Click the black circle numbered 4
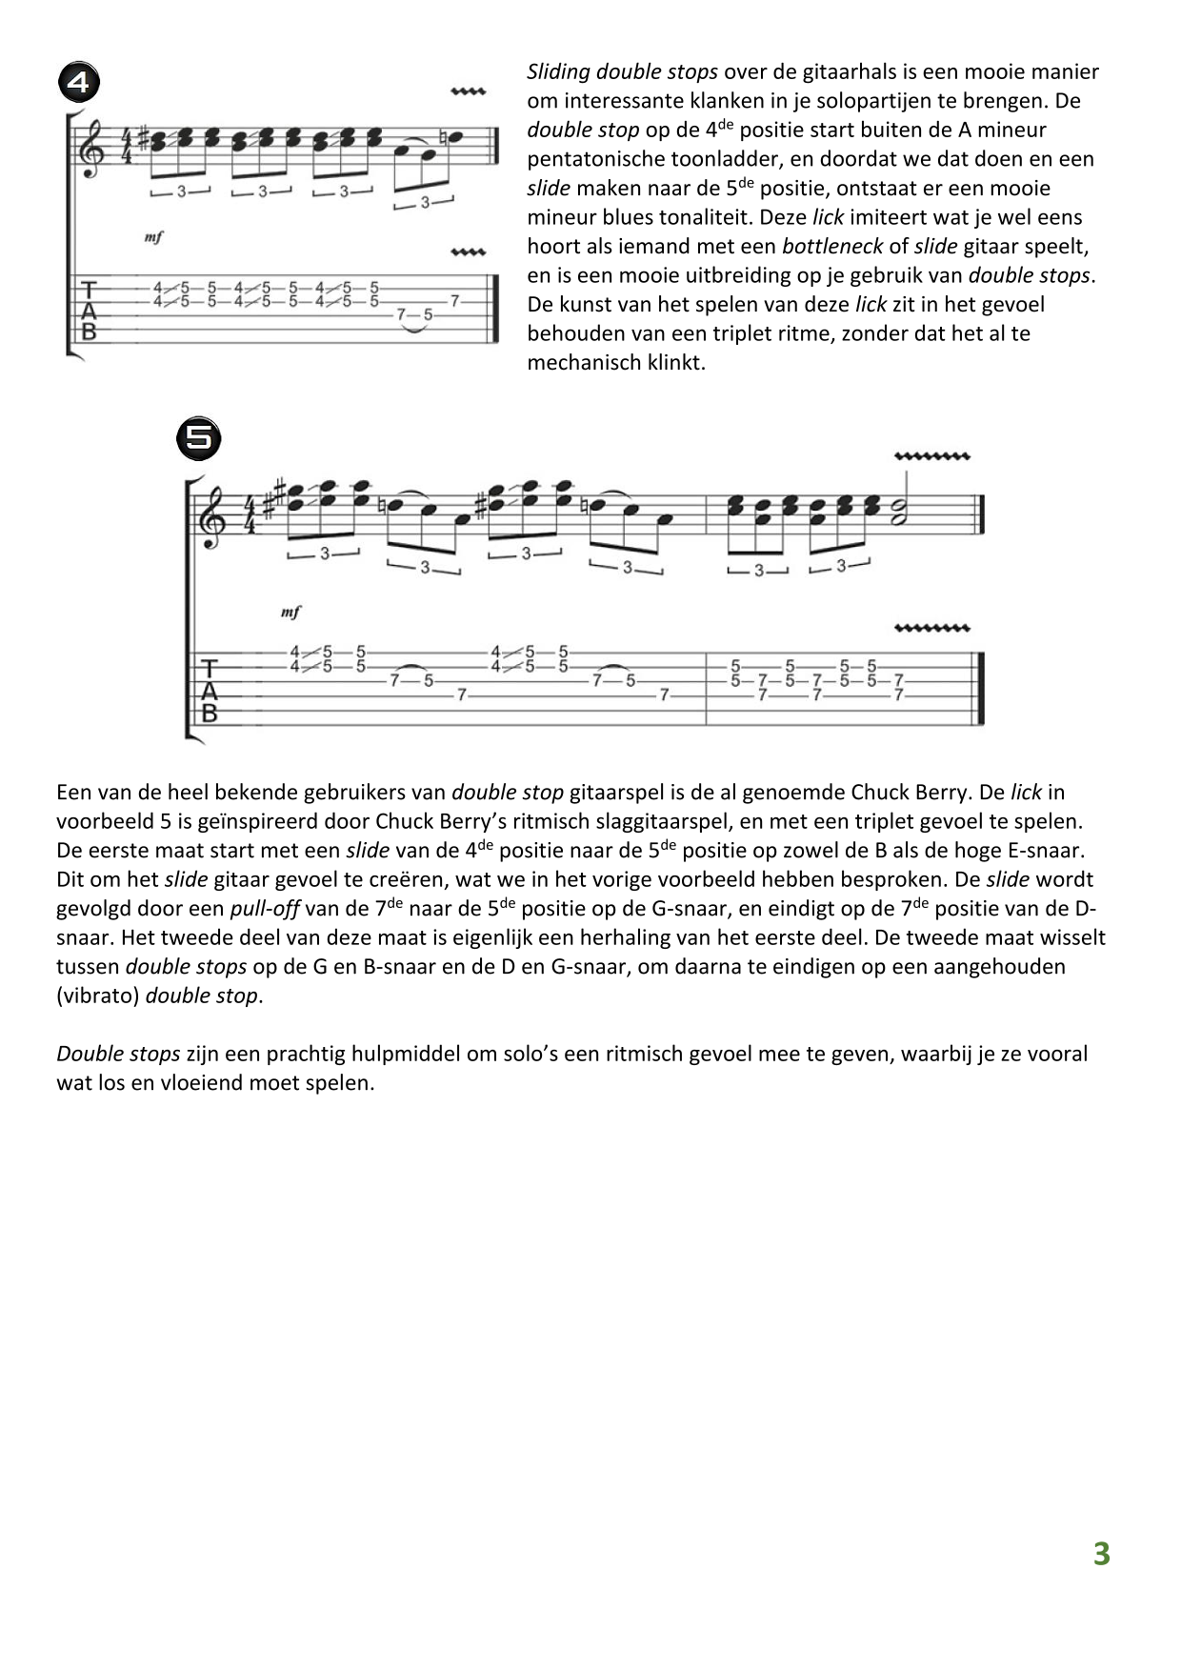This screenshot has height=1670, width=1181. click(79, 83)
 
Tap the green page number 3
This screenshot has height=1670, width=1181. click(1101, 1554)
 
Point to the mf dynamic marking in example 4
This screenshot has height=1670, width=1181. click(153, 237)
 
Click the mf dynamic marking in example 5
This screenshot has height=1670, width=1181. click(290, 613)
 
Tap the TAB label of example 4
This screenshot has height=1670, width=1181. click(90, 310)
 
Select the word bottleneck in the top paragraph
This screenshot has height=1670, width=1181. click(831, 247)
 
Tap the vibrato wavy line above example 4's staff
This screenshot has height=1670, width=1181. click(468, 92)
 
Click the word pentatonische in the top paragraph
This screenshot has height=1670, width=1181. click(593, 159)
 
